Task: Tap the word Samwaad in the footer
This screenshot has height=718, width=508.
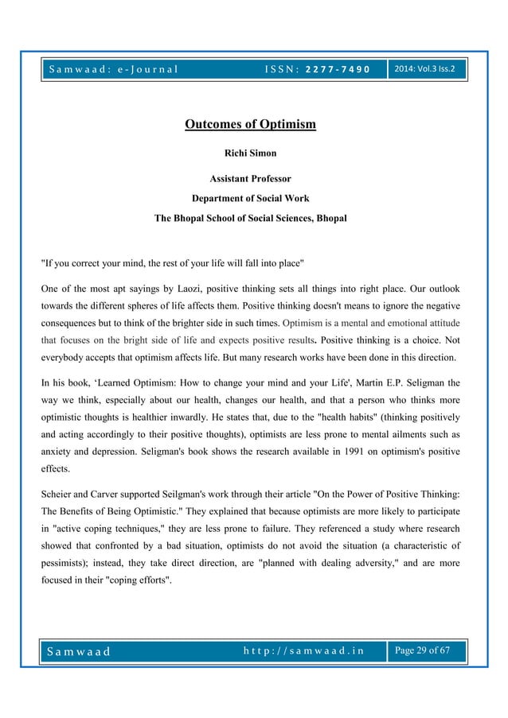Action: coord(78,653)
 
